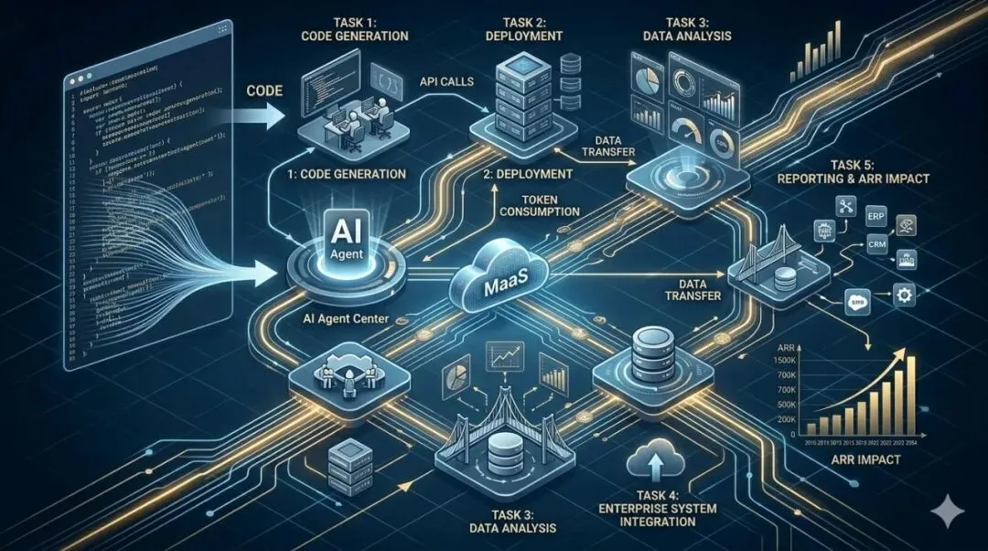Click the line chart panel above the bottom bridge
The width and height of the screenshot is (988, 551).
click(x=504, y=360)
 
